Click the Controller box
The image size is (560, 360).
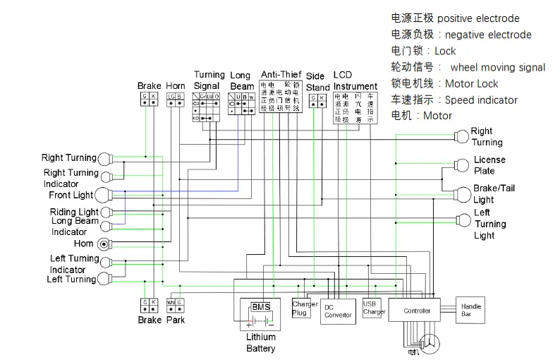[x=417, y=311]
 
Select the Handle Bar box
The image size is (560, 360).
[x=471, y=310]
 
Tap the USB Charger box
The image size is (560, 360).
[x=374, y=308]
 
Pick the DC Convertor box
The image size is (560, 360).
[x=338, y=311]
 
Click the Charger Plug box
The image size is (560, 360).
[x=300, y=308]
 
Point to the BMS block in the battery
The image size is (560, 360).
[x=260, y=306]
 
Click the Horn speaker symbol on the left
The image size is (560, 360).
[x=104, y=244]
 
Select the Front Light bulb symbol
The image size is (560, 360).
[x=104, y=195]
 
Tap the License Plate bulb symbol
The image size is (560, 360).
[x=462, y=165]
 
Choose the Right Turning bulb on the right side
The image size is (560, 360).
[x=462, y=135]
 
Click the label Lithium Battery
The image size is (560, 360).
[x=261, y=342]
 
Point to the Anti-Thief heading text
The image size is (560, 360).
[x=281, y=74]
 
